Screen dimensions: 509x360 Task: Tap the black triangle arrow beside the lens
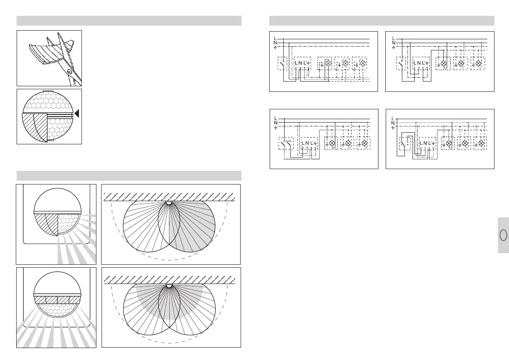pos(77,114)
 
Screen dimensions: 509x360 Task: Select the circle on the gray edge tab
pos(503,235)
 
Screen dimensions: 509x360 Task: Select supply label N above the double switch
pos(276,122)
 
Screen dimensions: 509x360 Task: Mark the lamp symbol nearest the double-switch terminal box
pos(332,143)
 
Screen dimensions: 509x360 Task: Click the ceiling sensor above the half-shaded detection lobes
pos(169,203)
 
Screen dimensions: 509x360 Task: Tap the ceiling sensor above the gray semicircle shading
pos(169,285)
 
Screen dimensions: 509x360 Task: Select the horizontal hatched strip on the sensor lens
pos(57,299)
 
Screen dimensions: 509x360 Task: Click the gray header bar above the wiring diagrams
pos(382,21)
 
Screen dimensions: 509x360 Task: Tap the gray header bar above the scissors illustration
pos(129,21)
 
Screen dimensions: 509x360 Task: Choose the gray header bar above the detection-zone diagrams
pos(129,176)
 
